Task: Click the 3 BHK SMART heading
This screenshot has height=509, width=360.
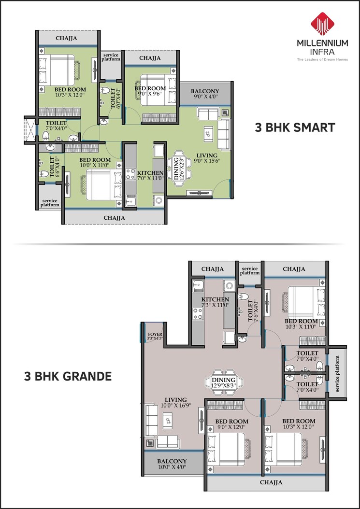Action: coord(295,128)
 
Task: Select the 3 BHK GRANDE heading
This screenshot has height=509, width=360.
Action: coord(68,376)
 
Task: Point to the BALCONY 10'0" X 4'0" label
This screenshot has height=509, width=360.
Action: coord(172,464)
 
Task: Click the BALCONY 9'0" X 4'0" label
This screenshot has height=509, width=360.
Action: coord(205,94)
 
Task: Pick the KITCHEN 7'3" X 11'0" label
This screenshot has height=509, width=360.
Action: coord(215,302)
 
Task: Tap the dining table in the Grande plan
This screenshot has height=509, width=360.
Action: coord(223,383)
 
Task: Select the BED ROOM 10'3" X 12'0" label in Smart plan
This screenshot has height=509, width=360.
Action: coord(70,92)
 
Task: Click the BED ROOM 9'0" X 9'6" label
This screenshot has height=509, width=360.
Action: coord(150,91)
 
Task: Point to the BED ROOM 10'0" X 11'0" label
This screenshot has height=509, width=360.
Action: coord(95,163)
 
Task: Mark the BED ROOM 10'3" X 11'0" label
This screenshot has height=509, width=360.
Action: coord(301,324)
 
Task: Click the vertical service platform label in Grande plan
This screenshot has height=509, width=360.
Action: coord(338,374)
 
